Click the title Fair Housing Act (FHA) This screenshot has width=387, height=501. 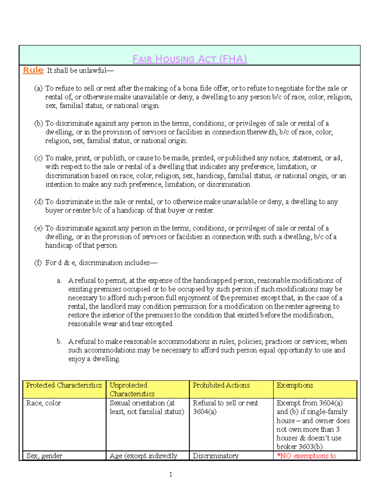coord(190,59)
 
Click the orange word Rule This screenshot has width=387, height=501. coord(33,70)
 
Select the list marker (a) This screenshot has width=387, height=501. coord(38,88)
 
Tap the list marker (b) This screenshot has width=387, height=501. coord(38,123)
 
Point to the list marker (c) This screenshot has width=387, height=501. coord(38,158)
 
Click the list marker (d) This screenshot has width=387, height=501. coord(38,202)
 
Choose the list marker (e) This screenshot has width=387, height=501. coord(38,228)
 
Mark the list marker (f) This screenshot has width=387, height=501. coord(38,263)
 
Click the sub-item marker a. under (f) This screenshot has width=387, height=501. coord(59,281)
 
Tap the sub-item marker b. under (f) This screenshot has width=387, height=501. coord(59,342)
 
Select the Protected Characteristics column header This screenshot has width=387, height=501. coord(64,385)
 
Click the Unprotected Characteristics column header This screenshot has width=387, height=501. coord(132,389)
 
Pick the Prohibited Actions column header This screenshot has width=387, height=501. coord(221,385)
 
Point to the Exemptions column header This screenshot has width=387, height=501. coord(295,385)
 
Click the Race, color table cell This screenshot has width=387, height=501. coord(44,403)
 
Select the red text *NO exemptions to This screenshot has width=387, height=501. coord(306,456)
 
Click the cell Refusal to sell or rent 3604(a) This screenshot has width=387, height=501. coord(225,407)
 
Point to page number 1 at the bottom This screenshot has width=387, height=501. coord(171,475)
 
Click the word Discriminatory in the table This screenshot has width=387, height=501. coord(215,456)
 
